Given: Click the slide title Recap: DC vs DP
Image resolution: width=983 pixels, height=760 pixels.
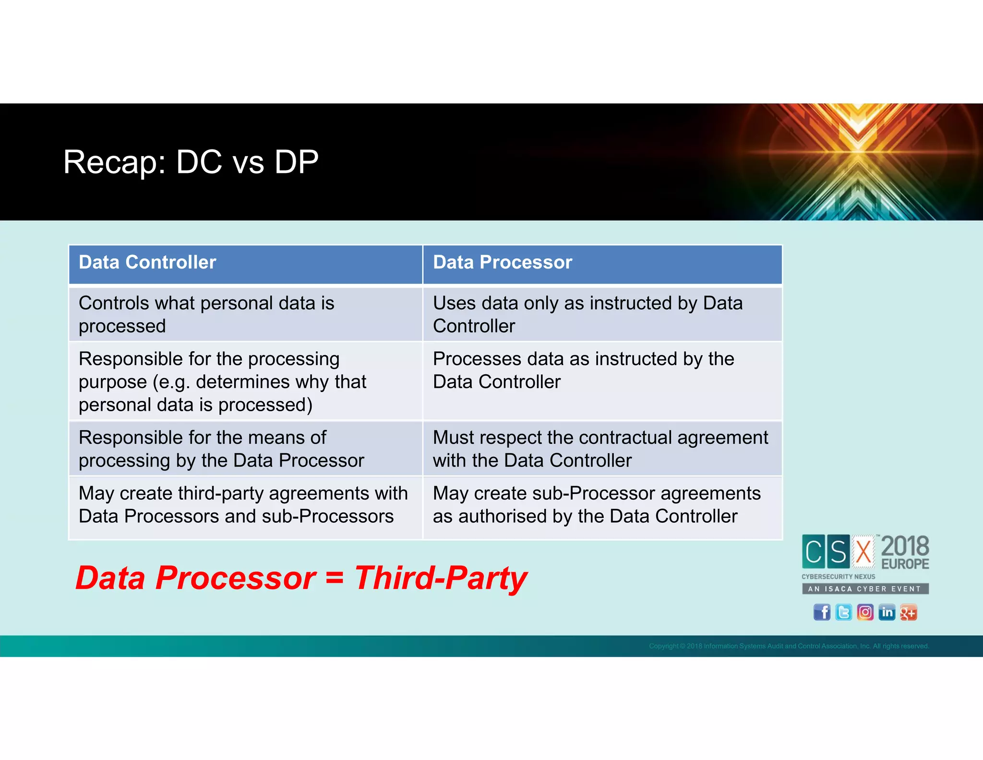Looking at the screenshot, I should [191, 162].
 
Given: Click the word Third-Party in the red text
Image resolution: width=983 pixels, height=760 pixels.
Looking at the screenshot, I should [440, 578].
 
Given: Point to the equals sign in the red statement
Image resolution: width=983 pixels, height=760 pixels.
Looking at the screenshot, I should [334, 578].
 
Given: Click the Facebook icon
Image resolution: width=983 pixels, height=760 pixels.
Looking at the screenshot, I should [822, 613].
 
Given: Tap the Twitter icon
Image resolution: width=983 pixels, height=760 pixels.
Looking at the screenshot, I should [843, 613].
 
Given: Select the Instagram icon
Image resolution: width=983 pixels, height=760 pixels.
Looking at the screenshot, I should [865, 613].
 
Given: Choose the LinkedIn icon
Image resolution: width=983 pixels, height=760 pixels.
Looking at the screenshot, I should [887, 613].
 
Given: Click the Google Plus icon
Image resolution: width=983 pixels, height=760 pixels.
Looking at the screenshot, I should [908, 613].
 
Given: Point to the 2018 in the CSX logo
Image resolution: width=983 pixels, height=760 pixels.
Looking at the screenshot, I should [905, 546].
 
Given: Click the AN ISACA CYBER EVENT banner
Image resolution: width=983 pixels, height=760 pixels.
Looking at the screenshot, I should [865, 589].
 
